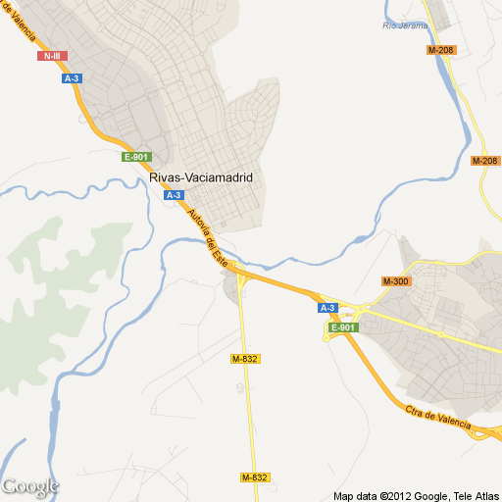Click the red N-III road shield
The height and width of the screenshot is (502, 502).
coord(52,56)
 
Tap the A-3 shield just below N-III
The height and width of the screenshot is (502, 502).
coord(71,78)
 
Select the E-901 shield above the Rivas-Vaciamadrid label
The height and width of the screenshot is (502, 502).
coord(134,157)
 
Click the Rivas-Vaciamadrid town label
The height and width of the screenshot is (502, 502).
coord(202,177)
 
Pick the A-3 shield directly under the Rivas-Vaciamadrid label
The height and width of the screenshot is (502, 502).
coord(174,195)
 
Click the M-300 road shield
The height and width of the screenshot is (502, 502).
coord(395,281)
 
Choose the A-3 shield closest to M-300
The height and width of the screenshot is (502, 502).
coord(327,308)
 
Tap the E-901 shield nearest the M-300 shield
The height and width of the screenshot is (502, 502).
coord(341,327)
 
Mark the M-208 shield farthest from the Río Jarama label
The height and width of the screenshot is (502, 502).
coord(484,161)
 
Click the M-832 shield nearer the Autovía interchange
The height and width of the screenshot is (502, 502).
coord(245,360)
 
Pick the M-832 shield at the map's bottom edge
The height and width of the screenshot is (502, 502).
coord(254,477)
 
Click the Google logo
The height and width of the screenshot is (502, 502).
coord(30,486)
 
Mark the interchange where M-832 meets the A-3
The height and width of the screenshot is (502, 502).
coord(241,283)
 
